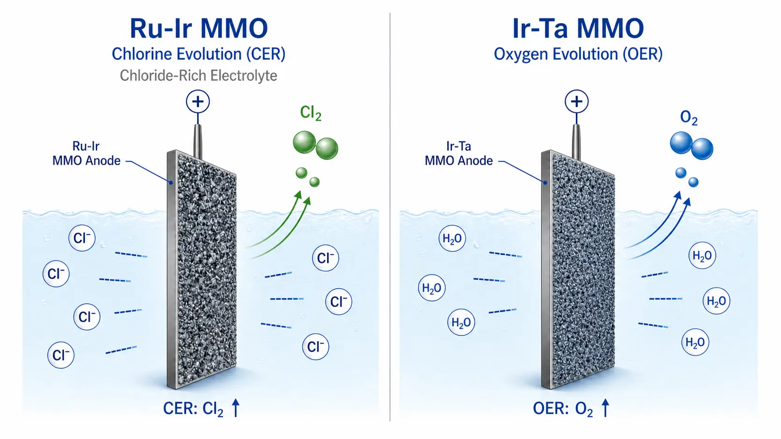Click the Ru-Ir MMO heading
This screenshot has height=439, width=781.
coord(199,28)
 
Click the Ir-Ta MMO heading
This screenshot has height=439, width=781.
coord(578,28)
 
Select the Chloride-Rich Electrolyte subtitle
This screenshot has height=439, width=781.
coord(199,76)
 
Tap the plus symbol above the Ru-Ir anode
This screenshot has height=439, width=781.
coord(198,102)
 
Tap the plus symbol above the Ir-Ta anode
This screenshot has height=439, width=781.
coord(576,102)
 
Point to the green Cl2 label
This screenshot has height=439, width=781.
coord(310,113)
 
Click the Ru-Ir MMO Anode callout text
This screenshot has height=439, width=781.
coord(86,153)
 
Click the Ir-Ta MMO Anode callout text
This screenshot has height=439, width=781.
coord(459,153)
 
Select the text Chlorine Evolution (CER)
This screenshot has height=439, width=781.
coord(199,54)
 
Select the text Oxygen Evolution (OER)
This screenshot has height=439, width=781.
coord(578,54)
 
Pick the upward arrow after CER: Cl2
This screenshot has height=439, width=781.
coord(236,408)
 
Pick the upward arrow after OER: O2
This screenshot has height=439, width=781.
coord(605,408)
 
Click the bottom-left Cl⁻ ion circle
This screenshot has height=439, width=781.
coord(61,355)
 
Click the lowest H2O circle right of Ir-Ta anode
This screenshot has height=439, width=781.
coord(695,342)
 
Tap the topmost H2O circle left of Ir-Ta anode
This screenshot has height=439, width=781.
coord(452,238)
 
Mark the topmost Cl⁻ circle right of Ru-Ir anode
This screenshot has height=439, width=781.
coord(325,258)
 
